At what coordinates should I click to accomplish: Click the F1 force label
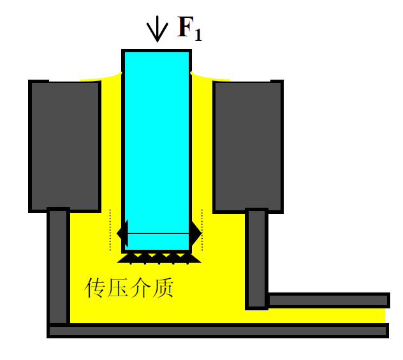[189, 29]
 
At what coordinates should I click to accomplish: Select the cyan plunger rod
[156, 140]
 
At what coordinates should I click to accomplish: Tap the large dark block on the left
[65, 145]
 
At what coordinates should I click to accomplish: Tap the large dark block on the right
[247, 145]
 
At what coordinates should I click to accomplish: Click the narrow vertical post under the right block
[256, 258]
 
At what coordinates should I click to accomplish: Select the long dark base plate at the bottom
[217, 330]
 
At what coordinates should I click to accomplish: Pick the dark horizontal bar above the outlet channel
[327, 299]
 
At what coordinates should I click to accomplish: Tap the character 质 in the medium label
[163, 289]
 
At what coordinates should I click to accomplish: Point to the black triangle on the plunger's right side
[196, 234]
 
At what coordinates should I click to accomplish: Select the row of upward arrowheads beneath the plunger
[159, 258]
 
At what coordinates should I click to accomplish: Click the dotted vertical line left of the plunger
[111, 229]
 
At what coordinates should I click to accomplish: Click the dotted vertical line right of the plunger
[202, 229]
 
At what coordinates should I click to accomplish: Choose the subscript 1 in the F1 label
[198, 36]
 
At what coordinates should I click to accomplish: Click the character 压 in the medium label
[118, 289]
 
